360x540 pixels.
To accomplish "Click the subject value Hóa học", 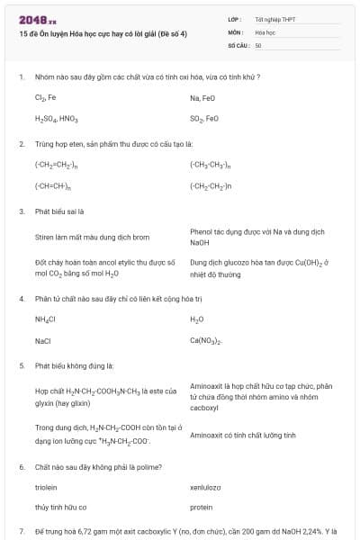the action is point(265,31).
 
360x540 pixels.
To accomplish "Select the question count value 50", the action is point(258,44).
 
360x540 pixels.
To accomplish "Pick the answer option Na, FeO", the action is point(202,97).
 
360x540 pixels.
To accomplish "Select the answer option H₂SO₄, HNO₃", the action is point(57,118).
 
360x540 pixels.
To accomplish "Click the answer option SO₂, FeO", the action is point(204,118).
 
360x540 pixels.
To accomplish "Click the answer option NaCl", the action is point(43,341).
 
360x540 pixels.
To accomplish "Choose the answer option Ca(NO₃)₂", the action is point(207,341).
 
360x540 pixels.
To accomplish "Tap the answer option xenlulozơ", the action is point(206,487).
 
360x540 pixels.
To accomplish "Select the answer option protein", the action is point(201,508).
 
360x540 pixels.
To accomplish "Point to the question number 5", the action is point(21,366).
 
